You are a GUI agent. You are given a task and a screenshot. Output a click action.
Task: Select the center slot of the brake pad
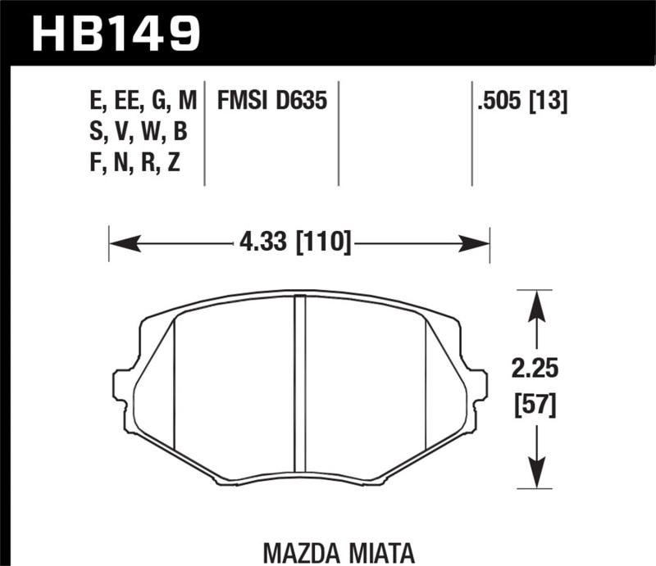[299, 385]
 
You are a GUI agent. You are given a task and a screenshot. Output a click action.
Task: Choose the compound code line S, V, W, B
[136, 133]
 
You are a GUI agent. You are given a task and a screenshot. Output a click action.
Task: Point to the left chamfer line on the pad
[175, 385]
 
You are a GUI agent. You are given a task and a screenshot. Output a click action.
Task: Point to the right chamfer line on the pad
[424, 385]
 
